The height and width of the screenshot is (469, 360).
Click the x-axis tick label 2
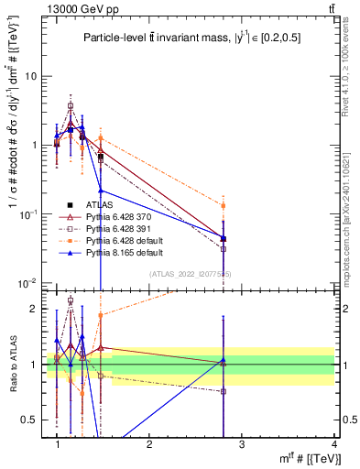149,443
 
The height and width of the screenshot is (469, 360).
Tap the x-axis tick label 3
241,443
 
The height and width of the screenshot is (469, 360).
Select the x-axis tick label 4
333,443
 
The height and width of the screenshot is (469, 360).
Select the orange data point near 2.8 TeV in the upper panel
223,206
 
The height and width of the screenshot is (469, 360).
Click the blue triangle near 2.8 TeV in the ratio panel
223,360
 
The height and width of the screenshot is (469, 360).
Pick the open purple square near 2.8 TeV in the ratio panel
223,391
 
